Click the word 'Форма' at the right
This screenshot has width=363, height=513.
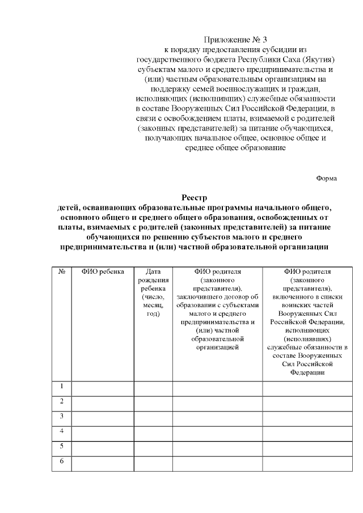pos(327,178)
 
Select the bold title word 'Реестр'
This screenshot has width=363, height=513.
pos(195,198)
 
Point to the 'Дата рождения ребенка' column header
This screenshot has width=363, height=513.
pos(153,292)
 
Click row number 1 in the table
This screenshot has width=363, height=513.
pos(61,387)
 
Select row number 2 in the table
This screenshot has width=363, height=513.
pos(61,401)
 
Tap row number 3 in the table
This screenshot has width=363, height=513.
pos(61,416)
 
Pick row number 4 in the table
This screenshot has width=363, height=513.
pos(61,431)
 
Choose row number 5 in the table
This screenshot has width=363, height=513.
pos(61,446)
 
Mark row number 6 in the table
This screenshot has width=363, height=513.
pos(61,460)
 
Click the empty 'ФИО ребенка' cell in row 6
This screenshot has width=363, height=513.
pos(103,463)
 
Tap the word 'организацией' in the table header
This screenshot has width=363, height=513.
pos(217,347)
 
